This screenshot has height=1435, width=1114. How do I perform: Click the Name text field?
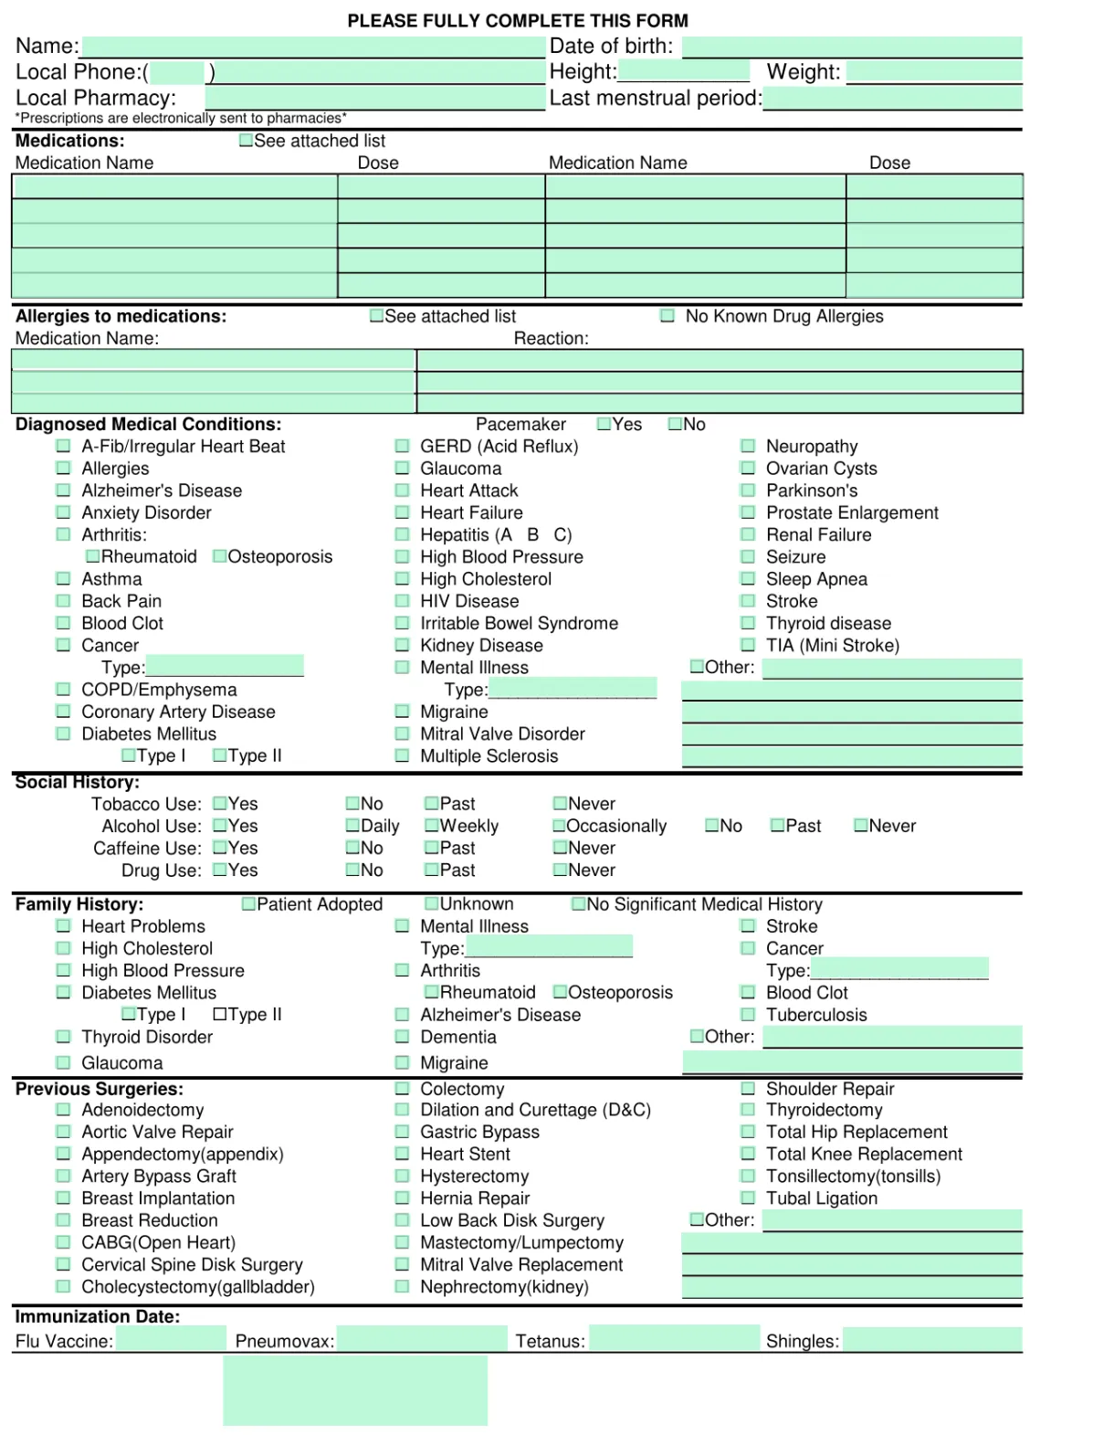coord(313,47)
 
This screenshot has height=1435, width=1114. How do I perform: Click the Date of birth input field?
coord(851,47)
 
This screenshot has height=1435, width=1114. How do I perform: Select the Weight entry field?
coord(933,72)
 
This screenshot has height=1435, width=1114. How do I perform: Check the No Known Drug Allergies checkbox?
coord(667,316)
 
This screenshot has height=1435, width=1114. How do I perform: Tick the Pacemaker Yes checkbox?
coord(604,424)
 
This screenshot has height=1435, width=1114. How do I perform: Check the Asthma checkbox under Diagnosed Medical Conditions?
coord(63,578)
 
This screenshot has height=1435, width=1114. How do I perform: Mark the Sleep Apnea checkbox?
coord(748,578)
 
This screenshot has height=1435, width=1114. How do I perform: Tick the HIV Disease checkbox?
coord(402,601)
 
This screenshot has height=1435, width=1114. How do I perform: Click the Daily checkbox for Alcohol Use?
coord(352,826)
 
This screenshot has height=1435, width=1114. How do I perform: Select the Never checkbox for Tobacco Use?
coord(560,804)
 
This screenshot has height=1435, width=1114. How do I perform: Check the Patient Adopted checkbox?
coord(248,904)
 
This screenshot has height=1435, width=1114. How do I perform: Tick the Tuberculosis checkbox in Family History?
coord(748,1015)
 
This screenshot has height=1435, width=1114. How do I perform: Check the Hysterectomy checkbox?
coord(402,1176)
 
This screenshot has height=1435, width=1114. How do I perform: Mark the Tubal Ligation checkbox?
coord(748,1198)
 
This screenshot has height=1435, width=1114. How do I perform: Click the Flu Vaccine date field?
coord(171,1339)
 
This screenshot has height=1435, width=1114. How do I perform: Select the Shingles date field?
coord(931,1340)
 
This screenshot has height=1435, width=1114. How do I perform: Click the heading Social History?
coord(78,782)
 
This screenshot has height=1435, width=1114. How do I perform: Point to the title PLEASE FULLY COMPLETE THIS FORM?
coord(518,20)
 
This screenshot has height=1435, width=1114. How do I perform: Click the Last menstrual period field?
coord(892,99)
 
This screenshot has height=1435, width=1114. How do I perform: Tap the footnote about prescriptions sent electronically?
coord(181,118)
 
